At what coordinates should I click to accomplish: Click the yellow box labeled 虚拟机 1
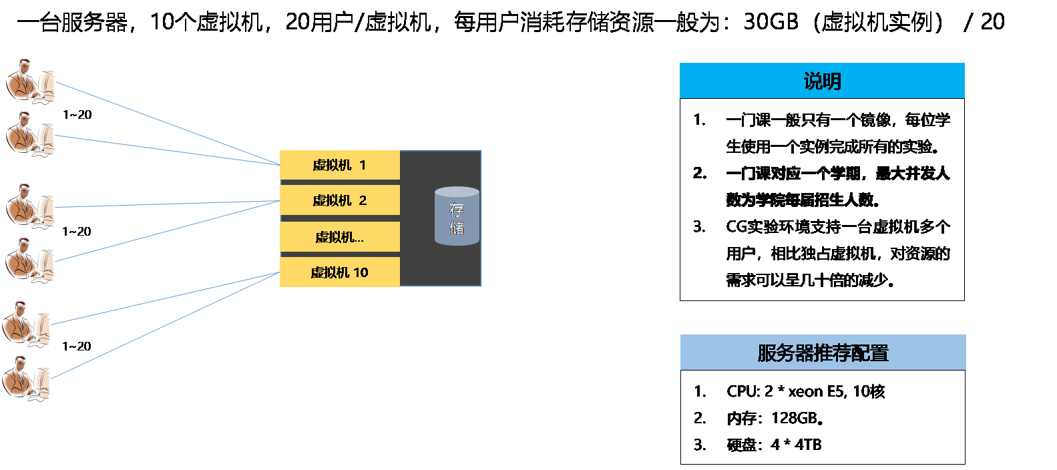(x=339, y=165)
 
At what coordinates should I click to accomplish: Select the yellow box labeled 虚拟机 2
(x=339, y=200)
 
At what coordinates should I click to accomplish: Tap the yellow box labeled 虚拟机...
(x=339, y=237)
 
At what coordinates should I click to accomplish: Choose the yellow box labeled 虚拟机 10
(x=339, y=272)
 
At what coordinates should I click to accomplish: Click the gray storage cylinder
(x=457, y=216)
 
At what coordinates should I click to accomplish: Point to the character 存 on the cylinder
(x=457, y=210)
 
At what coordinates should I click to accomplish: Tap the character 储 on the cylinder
(x=457, y=228)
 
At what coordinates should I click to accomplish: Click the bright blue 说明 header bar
(x=822, y=81)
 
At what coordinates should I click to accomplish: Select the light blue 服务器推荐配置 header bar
(x=823, y=352)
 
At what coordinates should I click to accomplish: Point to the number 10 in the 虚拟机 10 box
(x=361, y=272)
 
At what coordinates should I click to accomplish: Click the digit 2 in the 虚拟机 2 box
(x=363, y=200)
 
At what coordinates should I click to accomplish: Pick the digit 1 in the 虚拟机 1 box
(x=363, y=165)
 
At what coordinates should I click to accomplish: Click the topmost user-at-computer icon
(x=30, y=81)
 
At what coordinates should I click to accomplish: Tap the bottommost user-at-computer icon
(x=27, y=378)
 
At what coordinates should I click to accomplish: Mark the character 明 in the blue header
(x=831, y=81)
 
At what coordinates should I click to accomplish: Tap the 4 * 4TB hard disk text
(x=795, y=445)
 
